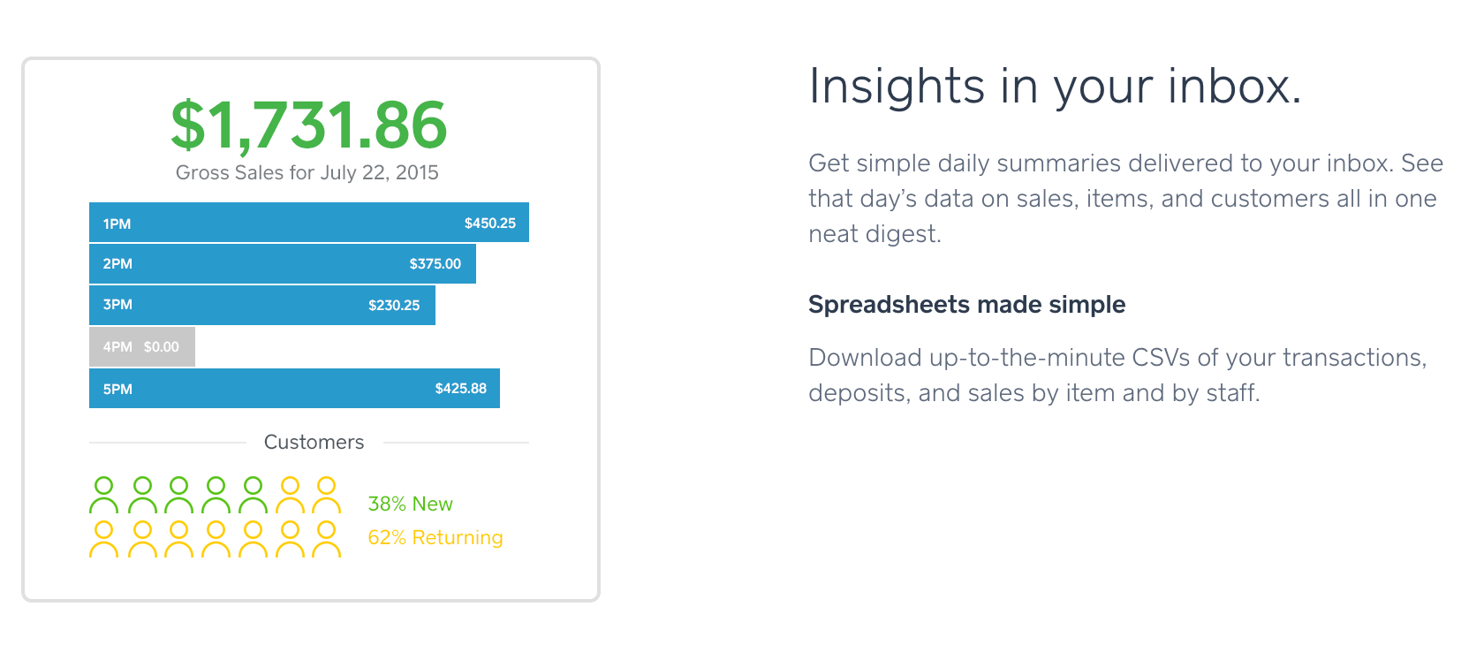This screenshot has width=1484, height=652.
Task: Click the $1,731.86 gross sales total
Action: click(x=309, y=125)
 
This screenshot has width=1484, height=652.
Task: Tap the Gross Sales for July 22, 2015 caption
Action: click(x=307, y=173)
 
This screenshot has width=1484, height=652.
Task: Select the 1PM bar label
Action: click(x=117, y=224)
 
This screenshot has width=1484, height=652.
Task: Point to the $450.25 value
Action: click(x=489, y=224)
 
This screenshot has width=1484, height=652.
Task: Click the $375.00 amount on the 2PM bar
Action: click(x=435, y=263)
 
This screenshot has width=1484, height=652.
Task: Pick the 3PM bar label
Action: click(x=117, y=305)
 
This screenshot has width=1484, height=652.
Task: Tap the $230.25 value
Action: click(x=394, y=306)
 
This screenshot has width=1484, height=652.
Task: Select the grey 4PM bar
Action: click(x=142, y=346)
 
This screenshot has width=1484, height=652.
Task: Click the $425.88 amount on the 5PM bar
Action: click(x=460, y=389)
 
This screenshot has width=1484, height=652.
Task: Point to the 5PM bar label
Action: click(x=117, y=389)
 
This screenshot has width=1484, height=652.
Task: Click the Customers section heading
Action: click(x=314, y=442)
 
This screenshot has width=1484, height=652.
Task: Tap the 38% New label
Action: click(x=410, y=504)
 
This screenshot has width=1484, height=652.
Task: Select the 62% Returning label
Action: click(x=435, y=537)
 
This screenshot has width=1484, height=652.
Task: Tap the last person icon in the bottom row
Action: click(x=326, y=531)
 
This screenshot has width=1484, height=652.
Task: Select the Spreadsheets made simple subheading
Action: click(x=966, y=305)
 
